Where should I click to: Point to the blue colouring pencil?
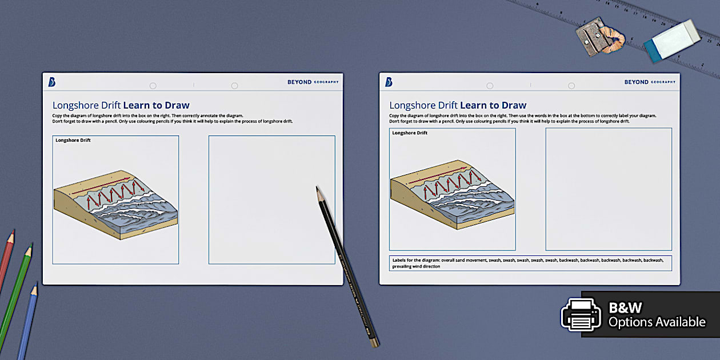[x=27, y=320]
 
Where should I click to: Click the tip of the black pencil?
[x=317, y=187]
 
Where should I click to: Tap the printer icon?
[x=581, y=315]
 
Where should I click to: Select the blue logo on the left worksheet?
[x=52, y=82]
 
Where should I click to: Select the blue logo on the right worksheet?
[x=389, y=82]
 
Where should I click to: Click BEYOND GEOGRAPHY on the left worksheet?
[x=313, y=82]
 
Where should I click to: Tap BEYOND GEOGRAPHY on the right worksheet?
[x=650, y=82]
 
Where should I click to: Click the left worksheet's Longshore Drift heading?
[x=121, y=105]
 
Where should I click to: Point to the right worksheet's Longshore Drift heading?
[x=458, y=105]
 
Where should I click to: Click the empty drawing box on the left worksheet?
[x=271, y=199]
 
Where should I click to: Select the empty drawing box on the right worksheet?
[x=609, y=189]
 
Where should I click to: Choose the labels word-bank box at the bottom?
[x=530, y=263]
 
